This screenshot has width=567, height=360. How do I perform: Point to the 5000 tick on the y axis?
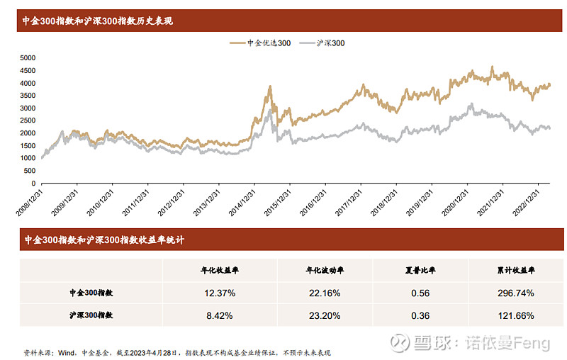tap(28, 57)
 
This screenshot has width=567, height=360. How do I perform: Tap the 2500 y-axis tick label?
tap(28, 120)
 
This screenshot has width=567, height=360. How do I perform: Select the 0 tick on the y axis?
tap(34, 183)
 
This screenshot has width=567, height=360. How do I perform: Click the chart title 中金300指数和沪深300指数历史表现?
tap(98, 21)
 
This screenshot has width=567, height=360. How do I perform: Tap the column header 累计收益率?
tap(515, 270)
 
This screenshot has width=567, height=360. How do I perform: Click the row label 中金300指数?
tap(91, 293)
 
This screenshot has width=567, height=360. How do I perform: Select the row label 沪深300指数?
tap(91, 315)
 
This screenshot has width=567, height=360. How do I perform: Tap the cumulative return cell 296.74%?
tap(515, 293)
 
